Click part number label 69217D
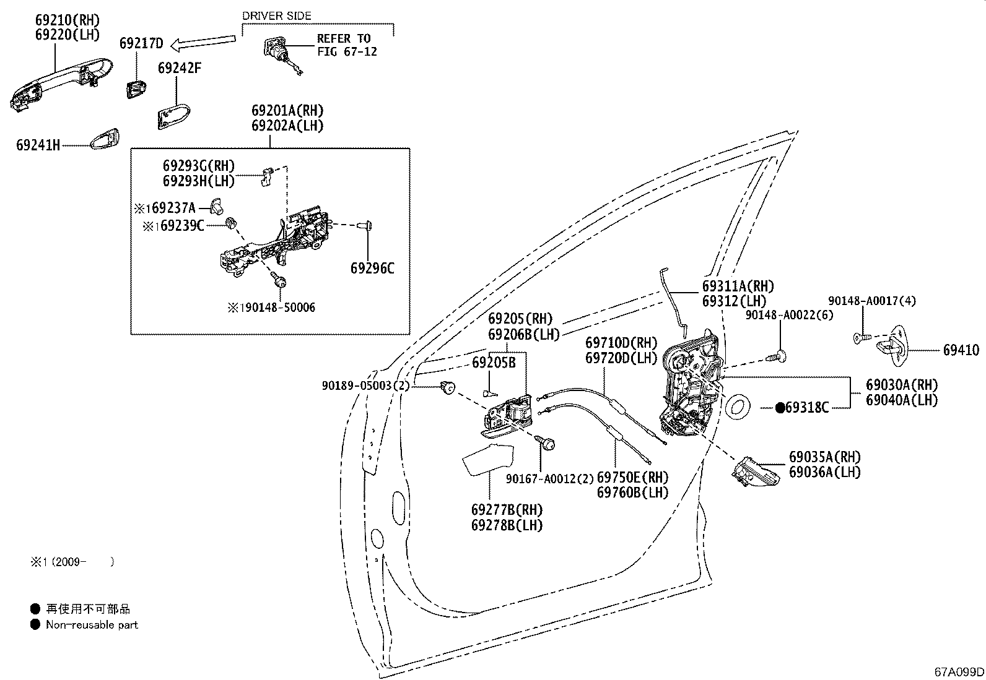pos(141,43)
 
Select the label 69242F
pos(180,68)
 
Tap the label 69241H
pos(38,145)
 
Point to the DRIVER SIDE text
pos(277,16)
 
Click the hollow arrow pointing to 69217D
pos(203,42)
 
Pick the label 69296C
pos(372,269)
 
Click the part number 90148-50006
pos(279,308)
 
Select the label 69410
pos(961,350)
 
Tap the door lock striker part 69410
pos(891,346)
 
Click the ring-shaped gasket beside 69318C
pos(737,407)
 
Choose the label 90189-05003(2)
pos(366,385)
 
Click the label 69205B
pos(494,363)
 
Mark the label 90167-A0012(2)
pos(550,478)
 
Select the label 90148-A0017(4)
pos(872,301)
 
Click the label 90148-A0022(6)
pos(789,315)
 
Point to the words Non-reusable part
pos(92,624)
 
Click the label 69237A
pos(173,208)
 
